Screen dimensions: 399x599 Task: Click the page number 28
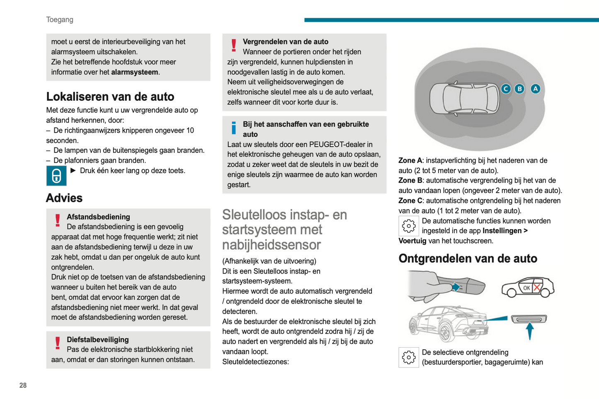[x=23, y=385]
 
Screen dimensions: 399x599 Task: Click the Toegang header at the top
[x=60, y=19]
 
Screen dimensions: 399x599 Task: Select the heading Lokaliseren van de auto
[x=110, y=97]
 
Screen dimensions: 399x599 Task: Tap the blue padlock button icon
[x=56, y=176]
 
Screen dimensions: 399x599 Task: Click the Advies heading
[x=64, y=198]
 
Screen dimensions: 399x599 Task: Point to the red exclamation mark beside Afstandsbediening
[x=58, y=220]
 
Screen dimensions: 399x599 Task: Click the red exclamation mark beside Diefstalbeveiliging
[x=58, y=343]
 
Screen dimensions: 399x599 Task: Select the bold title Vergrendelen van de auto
[x=285, y=42]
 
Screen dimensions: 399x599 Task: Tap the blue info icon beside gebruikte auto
[x=234, y=128]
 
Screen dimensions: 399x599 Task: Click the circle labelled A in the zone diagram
[x=536, y=89]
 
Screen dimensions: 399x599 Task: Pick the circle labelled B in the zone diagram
[x=519, y=89]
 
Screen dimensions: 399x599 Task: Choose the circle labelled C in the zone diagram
[x=506, y=89]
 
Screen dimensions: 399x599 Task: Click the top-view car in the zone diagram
[x=464, y=99]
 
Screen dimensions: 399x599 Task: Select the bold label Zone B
[x=410, y=181]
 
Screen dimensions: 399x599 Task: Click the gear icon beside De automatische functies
[x=408, y=226]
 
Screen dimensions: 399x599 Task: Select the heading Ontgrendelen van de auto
[x=468, y=259]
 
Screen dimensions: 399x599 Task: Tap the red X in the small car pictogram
[x=537, y=288]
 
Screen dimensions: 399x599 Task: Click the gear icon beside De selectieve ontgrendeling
[x=408, y=358]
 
